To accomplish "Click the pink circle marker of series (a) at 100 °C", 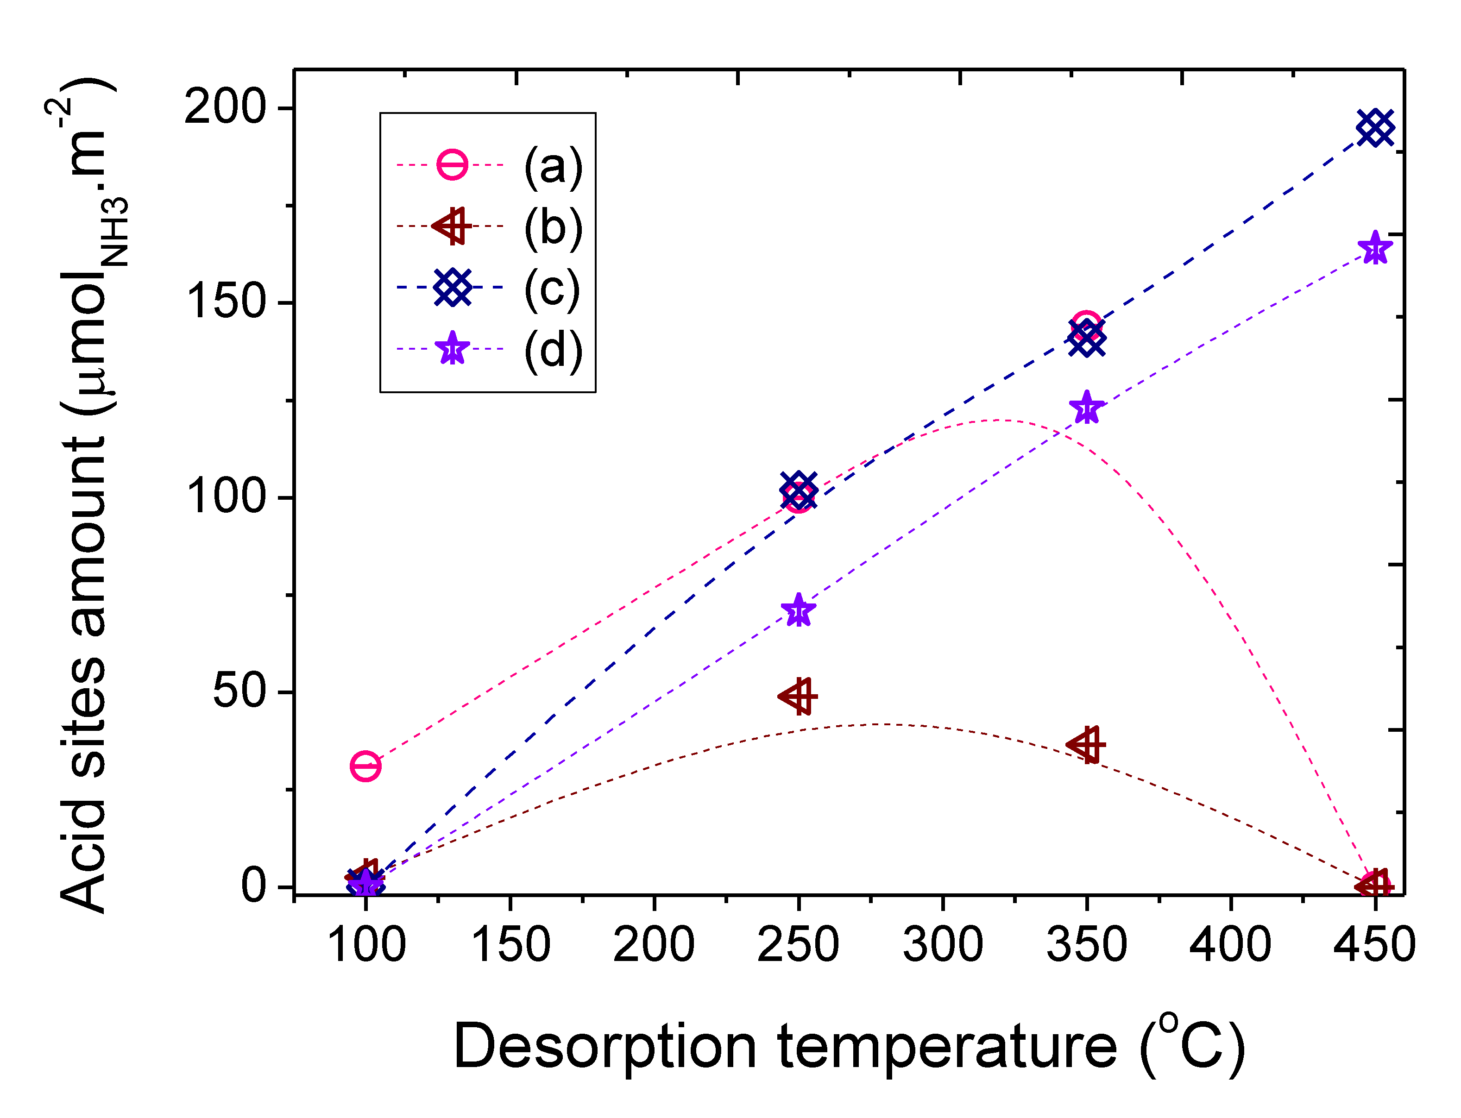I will click(x=365, y=766).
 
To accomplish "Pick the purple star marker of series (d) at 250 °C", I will click(x=799, y=611).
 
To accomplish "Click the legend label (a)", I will click(x=553, y=166).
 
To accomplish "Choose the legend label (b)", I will click(x=553, y=227).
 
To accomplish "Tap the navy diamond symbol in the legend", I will click(x=453, y=288).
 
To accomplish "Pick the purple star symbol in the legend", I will click(x=453, y=349).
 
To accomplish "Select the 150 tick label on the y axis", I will click(x=225, y=301).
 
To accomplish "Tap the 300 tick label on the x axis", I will click(x=943, y=944).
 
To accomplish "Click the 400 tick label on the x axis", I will click(x=1230, y=944).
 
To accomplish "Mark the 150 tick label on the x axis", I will click(x=510, y=944).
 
